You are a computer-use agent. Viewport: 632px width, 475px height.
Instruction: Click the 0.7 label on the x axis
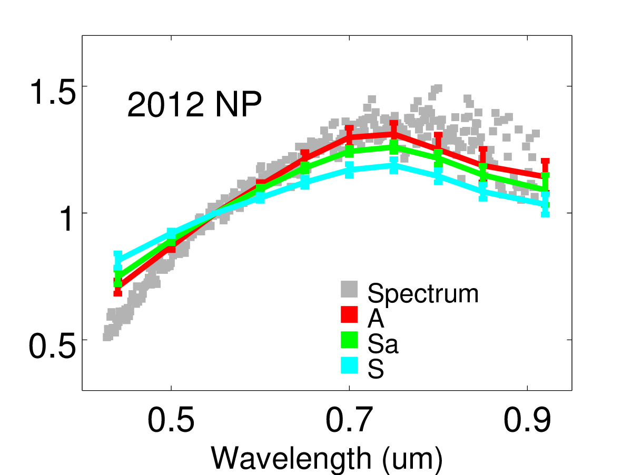(x=349, y=421)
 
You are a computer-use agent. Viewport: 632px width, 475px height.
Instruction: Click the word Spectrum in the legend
(x=423, y=293)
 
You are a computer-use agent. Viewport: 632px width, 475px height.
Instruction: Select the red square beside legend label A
(x=349, y=314)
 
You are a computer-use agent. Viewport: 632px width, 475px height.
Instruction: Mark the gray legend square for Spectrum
(x=349, y=289)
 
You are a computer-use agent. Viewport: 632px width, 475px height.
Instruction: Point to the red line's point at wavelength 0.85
(x=483, y=165)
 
